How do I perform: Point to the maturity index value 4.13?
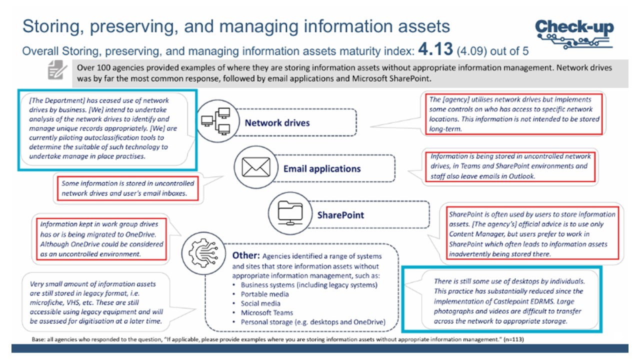435,49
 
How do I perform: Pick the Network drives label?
277,122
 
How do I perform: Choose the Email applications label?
322,168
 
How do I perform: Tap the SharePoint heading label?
340,215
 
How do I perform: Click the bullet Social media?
260,303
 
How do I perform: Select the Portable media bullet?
265,294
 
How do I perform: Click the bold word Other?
245,255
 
